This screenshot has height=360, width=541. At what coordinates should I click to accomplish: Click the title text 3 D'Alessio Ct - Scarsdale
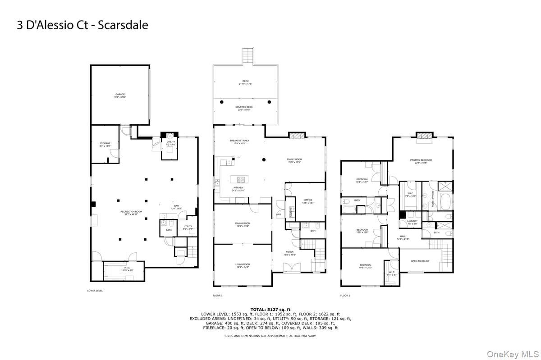click(83, 24)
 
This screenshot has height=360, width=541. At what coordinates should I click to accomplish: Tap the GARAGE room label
click(119, 95)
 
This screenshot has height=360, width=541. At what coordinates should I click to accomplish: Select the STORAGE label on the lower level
click(105, 144)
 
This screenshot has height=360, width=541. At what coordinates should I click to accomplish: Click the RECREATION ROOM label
click(131, 212)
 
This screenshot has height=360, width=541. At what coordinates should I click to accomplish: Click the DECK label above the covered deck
click(245, 81)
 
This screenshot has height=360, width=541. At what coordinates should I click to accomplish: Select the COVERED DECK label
click(244, 107)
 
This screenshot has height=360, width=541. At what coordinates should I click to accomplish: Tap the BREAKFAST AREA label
click(239, 141)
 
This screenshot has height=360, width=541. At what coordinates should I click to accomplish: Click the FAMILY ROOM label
click(294, 159)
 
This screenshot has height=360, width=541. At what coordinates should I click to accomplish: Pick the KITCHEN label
click(238, 188)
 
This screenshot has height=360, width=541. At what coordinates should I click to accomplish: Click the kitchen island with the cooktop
click(240, 178)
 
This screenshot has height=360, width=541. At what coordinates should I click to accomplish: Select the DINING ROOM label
click(243, 223)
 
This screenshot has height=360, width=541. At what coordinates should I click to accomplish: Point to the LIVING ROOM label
click(243, 264)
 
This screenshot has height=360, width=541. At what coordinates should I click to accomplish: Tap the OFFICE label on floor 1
click(308, 200)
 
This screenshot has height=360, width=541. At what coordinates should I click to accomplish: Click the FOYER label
click(289, 252)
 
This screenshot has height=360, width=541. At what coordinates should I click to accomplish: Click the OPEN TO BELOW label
click(420, 261)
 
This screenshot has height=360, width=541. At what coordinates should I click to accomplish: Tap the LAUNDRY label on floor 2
click(412, 221)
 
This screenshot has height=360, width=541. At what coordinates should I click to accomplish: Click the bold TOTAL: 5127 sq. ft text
click(270, 310)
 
